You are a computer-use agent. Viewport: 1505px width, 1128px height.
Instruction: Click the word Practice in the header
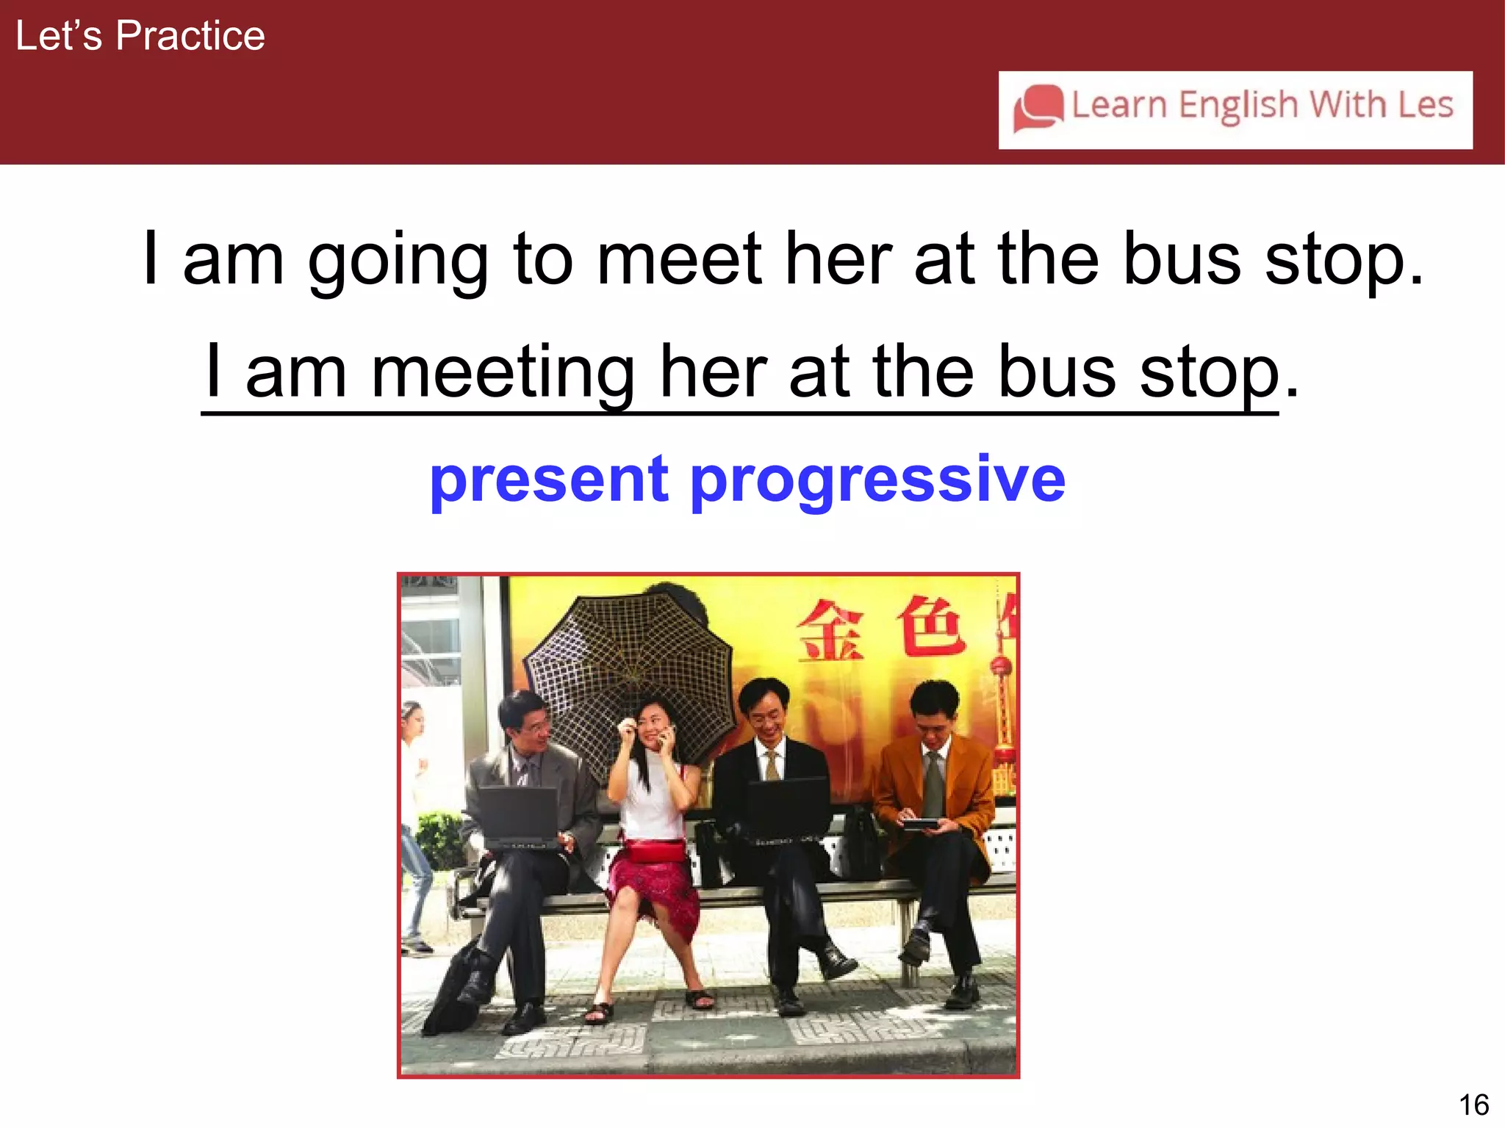[x=190, y=36]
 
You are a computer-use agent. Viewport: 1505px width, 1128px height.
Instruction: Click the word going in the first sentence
[x=398, y=261]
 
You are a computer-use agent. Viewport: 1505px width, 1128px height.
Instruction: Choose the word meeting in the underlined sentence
[x=503, y=372]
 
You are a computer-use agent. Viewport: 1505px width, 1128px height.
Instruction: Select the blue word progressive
[x=877, y=481]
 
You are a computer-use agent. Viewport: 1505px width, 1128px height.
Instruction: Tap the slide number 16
[x=1473, y=1104]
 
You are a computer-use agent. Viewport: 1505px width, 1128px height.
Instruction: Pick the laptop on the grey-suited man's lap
[x=518, y=815]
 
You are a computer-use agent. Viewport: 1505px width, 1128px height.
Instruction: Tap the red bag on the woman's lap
[x=654, y=850]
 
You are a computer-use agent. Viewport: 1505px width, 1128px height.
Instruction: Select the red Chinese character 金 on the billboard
[x=831, y=629]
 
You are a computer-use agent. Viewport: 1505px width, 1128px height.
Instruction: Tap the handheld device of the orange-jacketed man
[x=920, y=824]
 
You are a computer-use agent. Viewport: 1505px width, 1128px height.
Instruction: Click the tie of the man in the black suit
[x=772, y=765]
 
